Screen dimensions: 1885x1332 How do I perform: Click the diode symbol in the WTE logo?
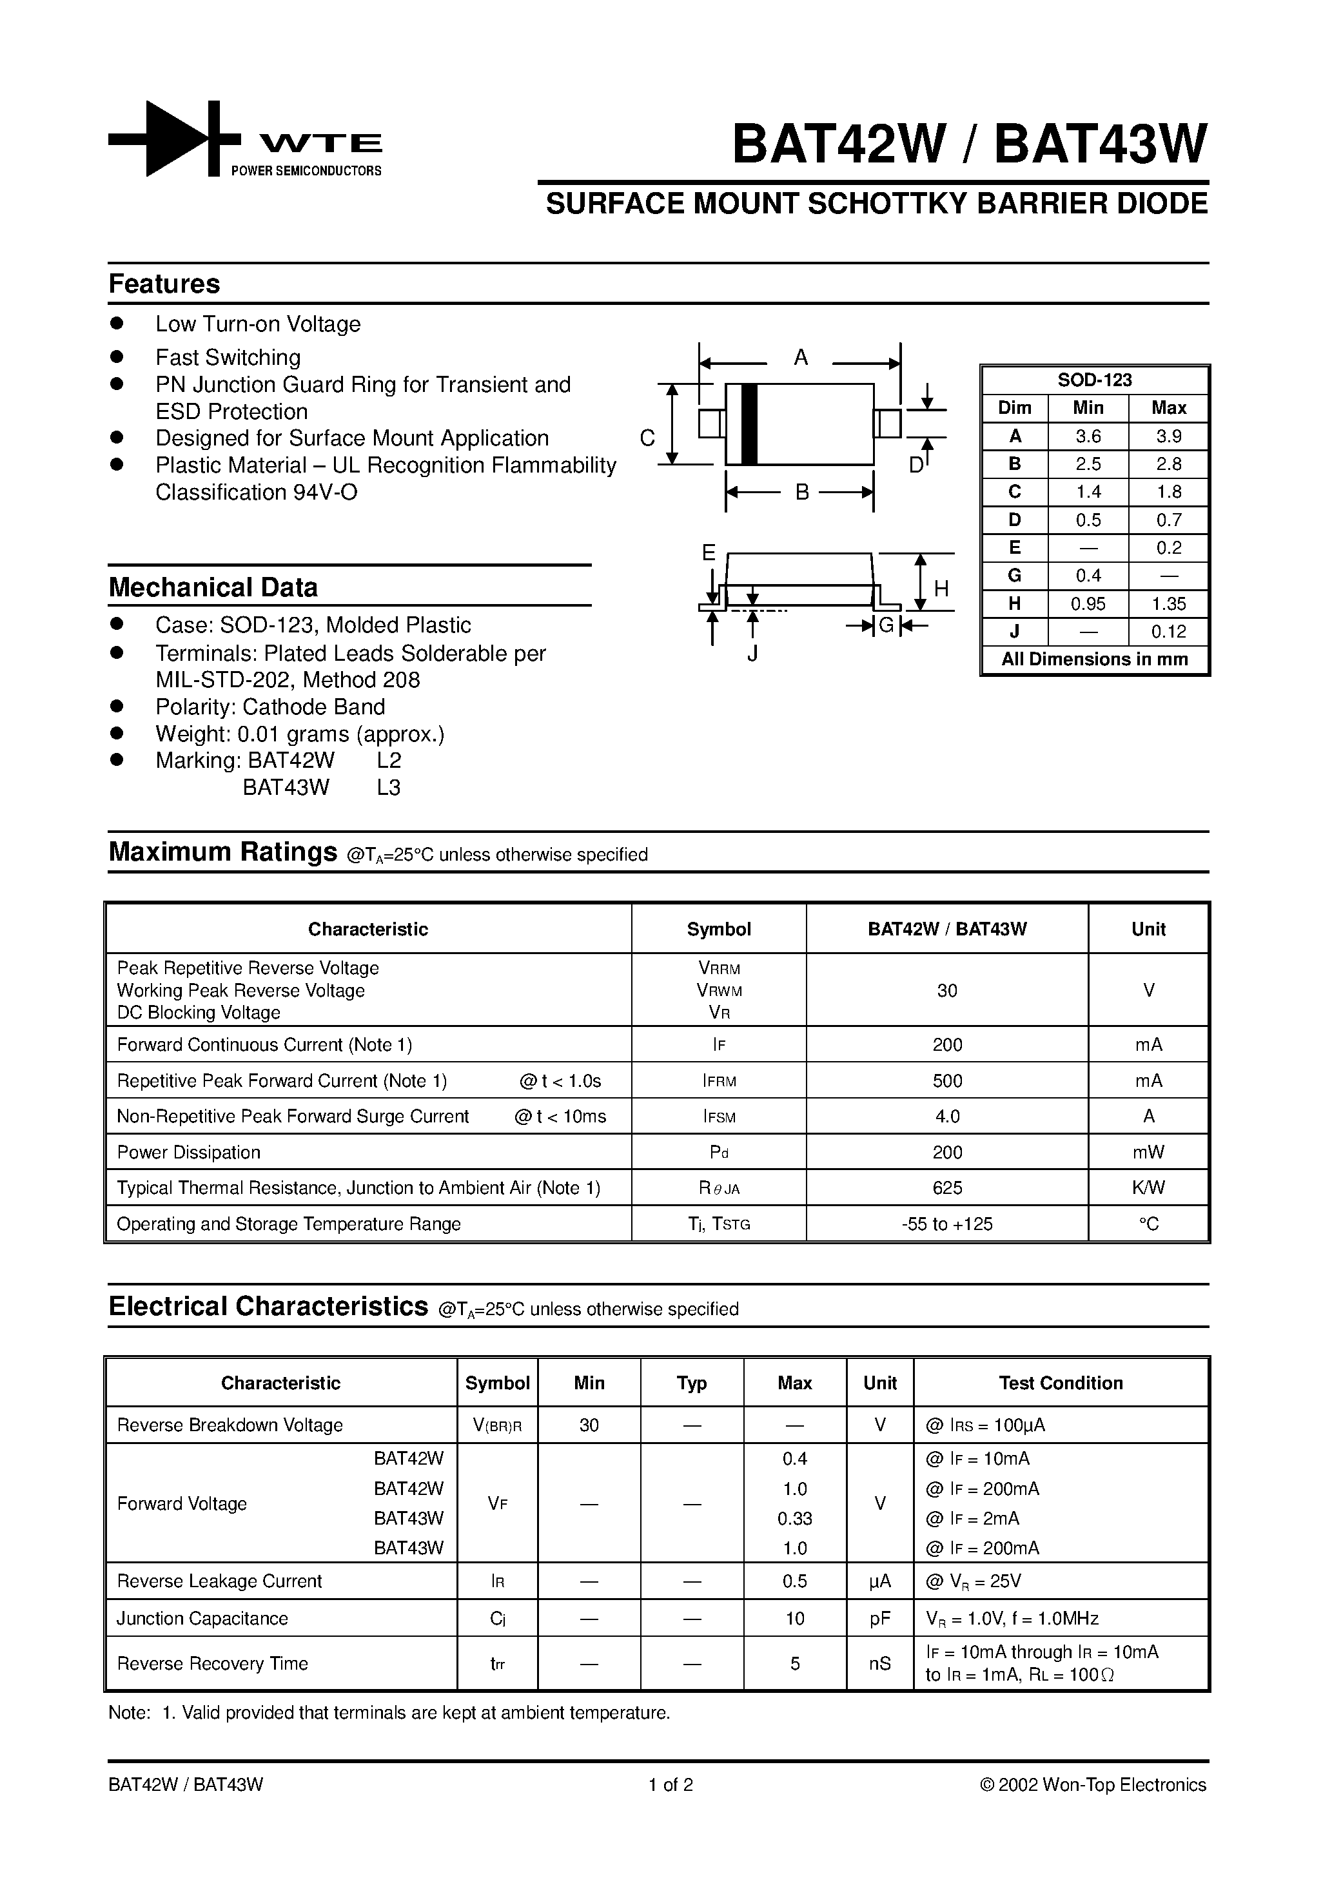tap(175, 139)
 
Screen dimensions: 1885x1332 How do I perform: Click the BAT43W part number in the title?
tap(1101, 145)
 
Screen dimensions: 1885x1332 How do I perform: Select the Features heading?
tap(164, 284)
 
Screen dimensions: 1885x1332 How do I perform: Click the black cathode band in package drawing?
tap(748, 424)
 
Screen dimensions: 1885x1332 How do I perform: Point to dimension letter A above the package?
tap(801, 358)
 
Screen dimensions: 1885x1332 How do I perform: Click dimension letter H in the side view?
tap(941, 589)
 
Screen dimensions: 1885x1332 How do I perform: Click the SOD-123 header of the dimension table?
tap(1094, 380)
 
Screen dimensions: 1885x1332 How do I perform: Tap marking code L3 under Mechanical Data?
tap(388, 787)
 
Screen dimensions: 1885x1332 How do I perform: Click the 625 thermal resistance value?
tap(947, 1187)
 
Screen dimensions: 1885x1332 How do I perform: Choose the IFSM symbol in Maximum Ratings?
tap(719, 1117)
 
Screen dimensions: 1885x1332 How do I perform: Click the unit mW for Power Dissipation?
tap(1148, 1152)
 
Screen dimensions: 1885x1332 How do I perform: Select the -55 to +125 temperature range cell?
tap(947, 1224)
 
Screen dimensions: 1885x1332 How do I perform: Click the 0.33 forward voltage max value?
tap(794, 1518)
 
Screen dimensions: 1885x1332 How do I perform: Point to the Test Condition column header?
tap(1060, 1383)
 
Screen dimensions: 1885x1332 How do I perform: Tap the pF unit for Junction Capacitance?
tap(879, 1618)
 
